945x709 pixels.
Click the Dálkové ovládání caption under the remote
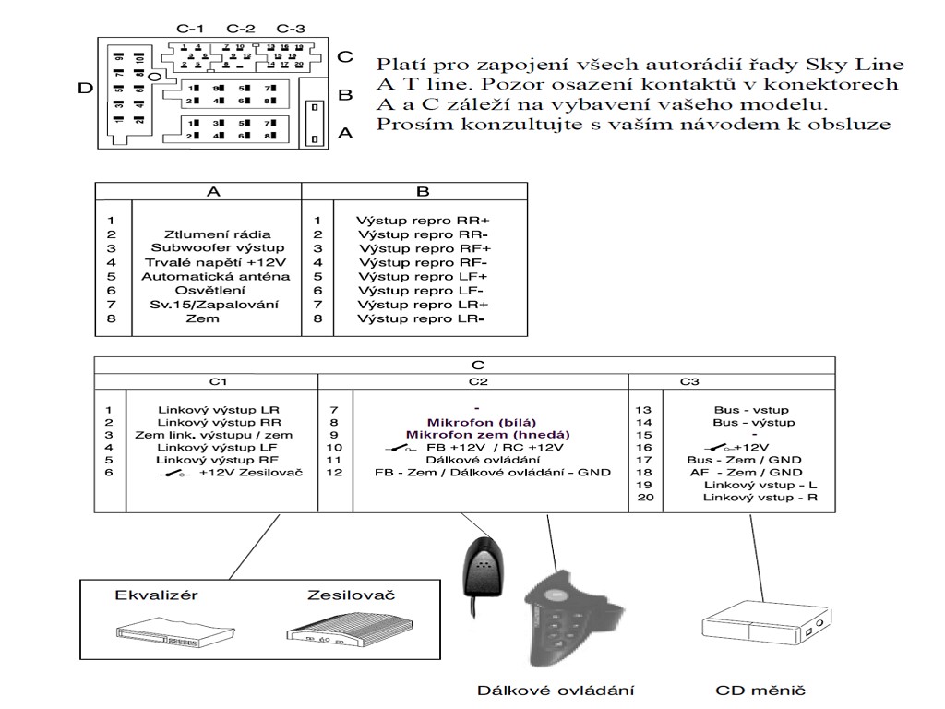pos(556,690)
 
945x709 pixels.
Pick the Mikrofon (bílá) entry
pos(476,422)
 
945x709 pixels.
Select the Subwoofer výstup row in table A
pos(218,248)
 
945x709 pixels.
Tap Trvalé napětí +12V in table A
pos(217,262)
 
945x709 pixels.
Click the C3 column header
pos(689,380)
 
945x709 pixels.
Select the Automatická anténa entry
pos(214,276)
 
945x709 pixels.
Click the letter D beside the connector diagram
pos(84,89)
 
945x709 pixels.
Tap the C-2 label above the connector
pos(241,29)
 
